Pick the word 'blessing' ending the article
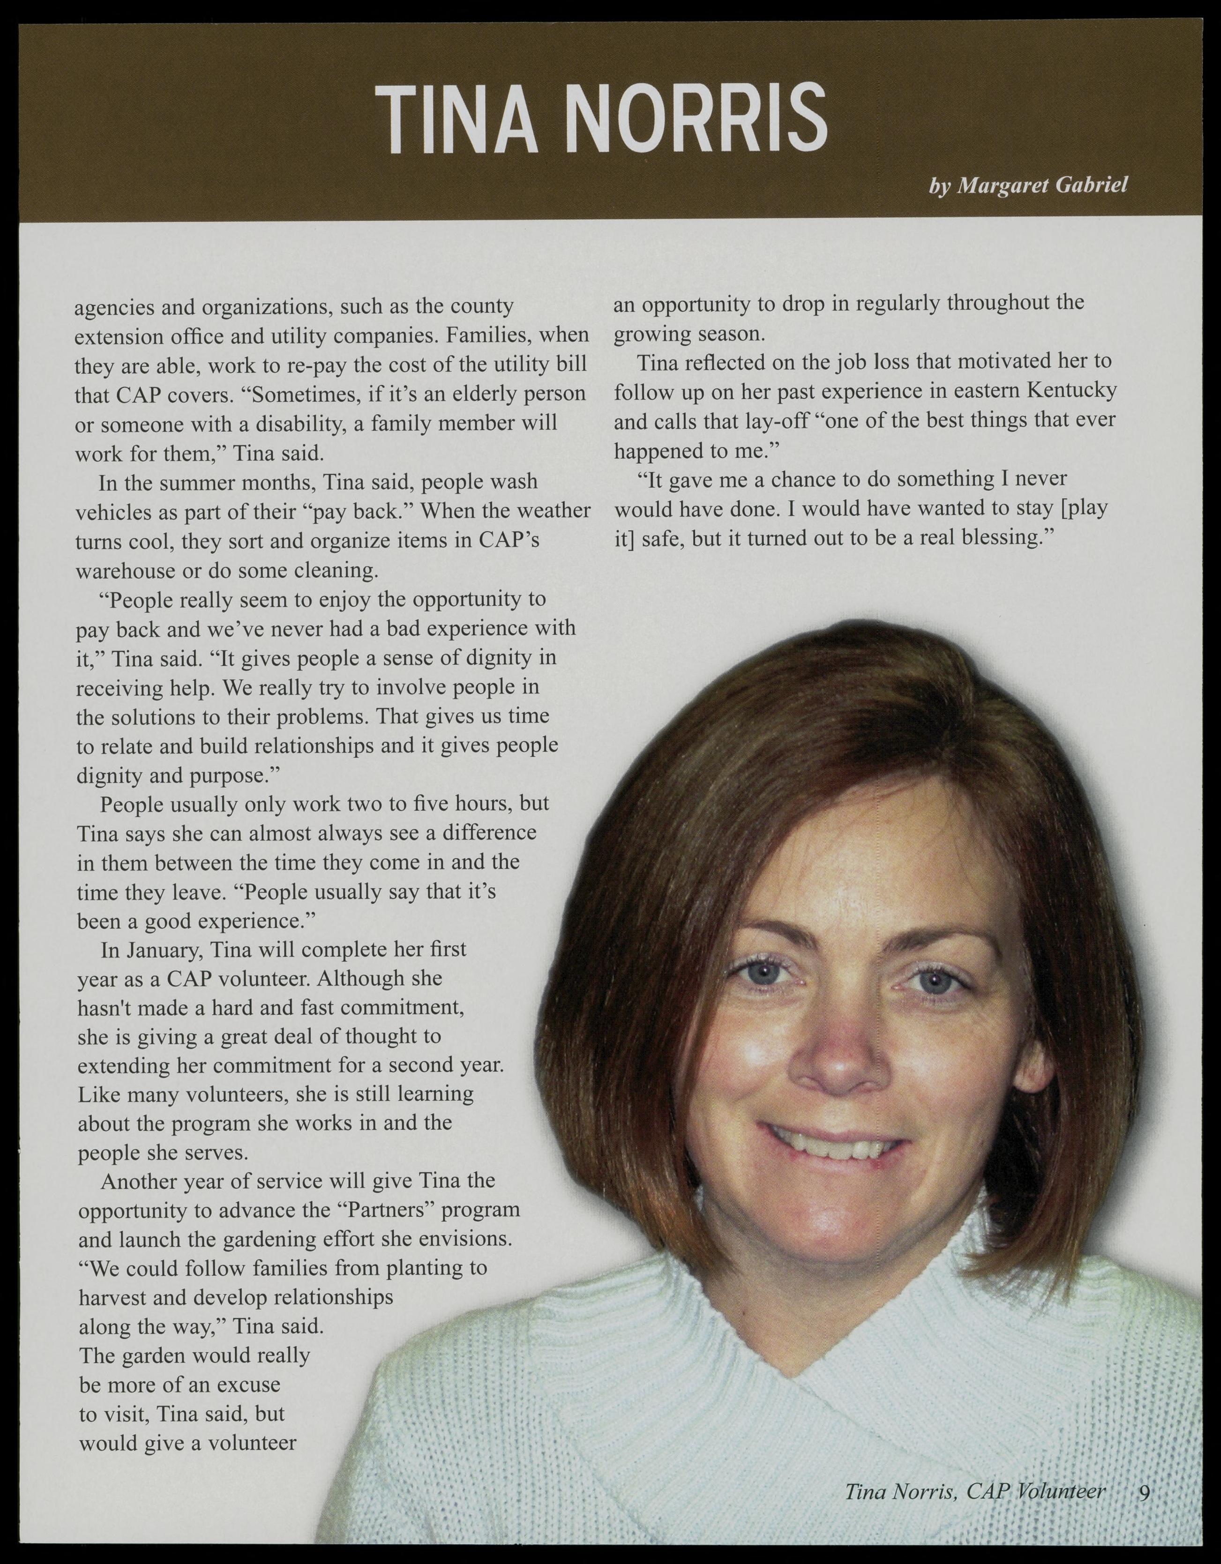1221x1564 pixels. click(x=989, y=538)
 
